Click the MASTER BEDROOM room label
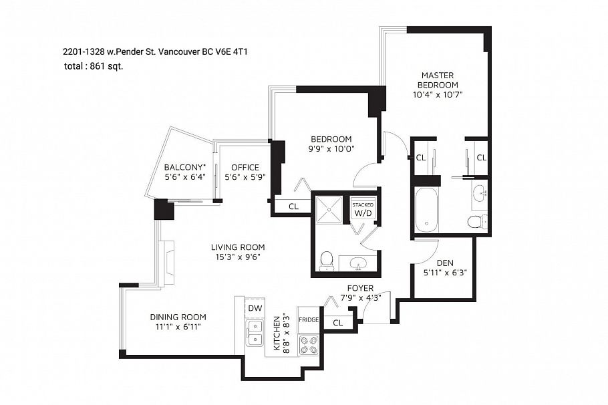438,80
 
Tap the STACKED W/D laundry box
363,209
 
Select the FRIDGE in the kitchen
308,320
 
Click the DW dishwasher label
255,308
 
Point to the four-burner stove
308,344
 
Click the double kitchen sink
255,333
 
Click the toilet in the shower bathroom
326,260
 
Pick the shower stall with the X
329,209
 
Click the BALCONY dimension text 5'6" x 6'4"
184,178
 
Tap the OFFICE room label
245,167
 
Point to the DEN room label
444,263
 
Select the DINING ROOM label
178,317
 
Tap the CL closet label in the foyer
337,322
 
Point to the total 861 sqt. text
93,66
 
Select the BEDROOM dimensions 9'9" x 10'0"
330,149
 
